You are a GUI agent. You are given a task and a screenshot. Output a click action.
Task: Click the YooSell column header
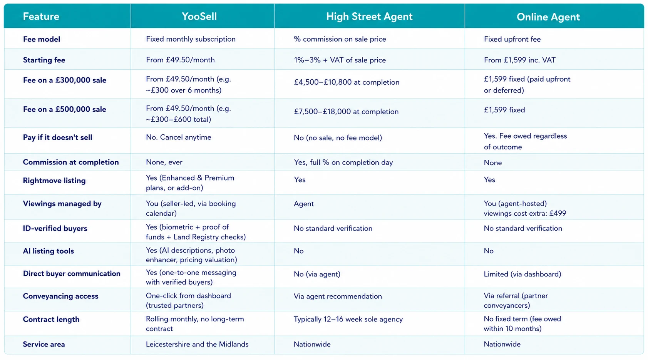[x=199, y=17]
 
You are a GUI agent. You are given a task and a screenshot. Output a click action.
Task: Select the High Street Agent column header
[x=369, y=17]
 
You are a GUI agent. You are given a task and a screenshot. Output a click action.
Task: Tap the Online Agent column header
[x=548, y=17]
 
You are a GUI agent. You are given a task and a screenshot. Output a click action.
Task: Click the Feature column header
[x=41, y=17]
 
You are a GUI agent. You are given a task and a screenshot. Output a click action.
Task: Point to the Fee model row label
[x=42, y=39]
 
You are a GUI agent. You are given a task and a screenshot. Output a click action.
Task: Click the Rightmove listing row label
[x=54, y=181]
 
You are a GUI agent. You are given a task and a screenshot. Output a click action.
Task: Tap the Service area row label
[x=44, y=344]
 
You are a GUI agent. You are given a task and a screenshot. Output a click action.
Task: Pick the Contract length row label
[x=51, y=319]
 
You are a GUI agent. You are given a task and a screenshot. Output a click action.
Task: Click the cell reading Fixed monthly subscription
[x=191, y=39]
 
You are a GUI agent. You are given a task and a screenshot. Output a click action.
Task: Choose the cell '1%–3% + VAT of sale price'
[x=340, y=60]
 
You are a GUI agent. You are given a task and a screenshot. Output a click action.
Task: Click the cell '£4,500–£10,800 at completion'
[x=347, y=82]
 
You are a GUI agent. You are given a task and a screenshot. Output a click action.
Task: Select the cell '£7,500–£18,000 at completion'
[x=346, y=111]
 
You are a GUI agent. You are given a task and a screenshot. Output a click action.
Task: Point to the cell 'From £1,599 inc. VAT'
[x=519, y=60]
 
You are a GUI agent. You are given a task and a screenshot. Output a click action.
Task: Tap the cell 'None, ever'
[x=164, y=162]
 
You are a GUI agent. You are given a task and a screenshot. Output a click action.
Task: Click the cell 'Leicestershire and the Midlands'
[x=197, y=344]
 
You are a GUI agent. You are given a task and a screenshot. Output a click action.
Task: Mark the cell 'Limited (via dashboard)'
[x=522, y=274]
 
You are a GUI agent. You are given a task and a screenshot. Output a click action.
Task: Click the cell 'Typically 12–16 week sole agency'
[x=348, y=319]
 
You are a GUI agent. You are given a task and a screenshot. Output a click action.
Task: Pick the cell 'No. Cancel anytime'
[x=179, y=137]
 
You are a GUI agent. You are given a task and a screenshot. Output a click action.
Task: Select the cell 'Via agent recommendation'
[x=338, y=296]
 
